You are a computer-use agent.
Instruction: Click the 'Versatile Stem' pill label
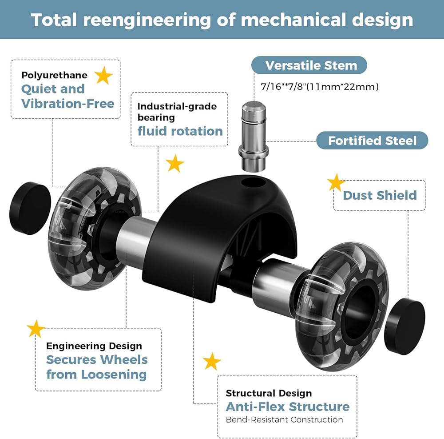tap(309, 65)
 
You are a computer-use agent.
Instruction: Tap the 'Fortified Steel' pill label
tap(372, 141)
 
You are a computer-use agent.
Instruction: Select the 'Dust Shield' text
tap(380, 195)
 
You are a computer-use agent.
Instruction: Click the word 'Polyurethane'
tap(54, 76)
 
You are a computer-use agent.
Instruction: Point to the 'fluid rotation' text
tap(180, 131)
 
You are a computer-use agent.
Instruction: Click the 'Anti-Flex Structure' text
tap(288, 407)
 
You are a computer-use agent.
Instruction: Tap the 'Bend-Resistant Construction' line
tap(284, 420)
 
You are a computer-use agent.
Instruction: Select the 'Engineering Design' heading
tap(94, 346)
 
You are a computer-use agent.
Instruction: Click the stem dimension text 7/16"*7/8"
tap(283, 86)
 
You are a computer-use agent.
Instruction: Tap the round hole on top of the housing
tap(254, 182)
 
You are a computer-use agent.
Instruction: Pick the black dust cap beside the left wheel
tap(30, 208)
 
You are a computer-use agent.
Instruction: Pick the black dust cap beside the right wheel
tap(404, 326)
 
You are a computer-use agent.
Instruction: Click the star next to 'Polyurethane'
tap(103, 76)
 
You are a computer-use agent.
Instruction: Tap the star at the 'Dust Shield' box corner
tap(336, 183)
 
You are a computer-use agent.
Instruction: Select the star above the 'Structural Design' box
tap(212, 362)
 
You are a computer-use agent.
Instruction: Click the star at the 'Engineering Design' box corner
tap(36, 329)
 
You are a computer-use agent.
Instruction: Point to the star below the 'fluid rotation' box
tap(175, 163)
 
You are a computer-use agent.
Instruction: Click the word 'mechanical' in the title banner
tap(293, 20)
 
